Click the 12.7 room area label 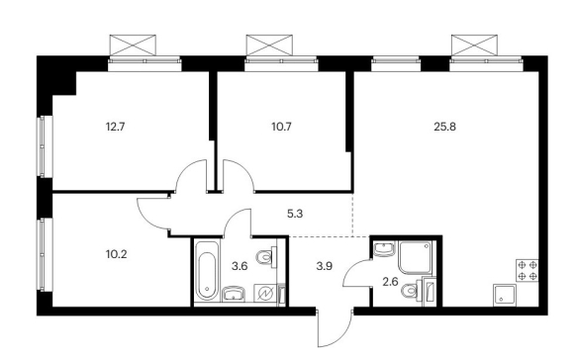[116, 127]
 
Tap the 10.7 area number [281, 127]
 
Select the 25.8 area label [444, 127]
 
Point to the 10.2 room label [117, 254]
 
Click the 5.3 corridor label [295, 214]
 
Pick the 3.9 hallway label [324, 266]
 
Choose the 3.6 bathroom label [240, 266]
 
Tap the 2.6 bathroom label [390, 282]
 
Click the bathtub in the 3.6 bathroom [207, 271]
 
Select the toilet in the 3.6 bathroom [266, 256]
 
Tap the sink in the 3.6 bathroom [233, 295]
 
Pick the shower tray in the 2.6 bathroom [415, 257]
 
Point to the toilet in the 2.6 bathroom [412, 291]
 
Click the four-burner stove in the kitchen [528, 270]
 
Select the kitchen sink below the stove [505, 295]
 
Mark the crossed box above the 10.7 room [269, 45]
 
